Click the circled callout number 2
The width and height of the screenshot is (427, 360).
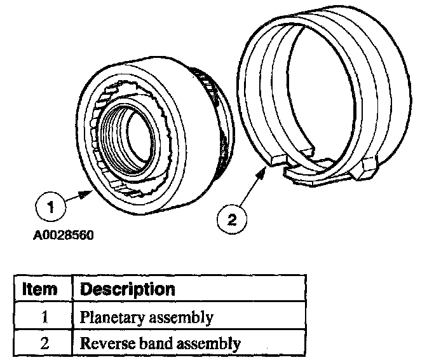(231, 220)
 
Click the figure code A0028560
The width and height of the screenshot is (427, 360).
(64, 235)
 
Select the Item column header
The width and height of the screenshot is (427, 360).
(40, 289)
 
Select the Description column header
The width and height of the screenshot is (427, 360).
(127, 289)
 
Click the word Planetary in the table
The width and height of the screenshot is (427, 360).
(105, 317)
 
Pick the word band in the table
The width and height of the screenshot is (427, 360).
(145, 344)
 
